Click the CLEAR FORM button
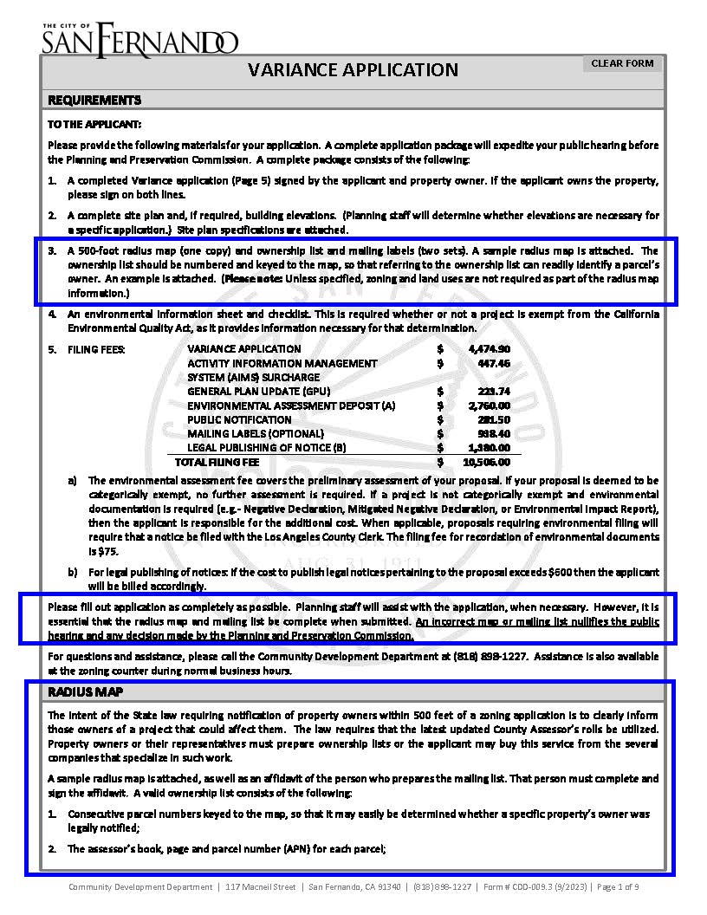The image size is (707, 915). coord(621,63)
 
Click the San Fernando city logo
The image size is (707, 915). coord(139,39)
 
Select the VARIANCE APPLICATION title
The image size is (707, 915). coord(353,70)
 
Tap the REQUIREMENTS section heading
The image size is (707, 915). coord(94,100)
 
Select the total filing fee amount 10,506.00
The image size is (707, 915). coord(495,462)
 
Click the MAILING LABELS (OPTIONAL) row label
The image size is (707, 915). coord(256,433)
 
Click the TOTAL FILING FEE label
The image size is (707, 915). coord(217,462)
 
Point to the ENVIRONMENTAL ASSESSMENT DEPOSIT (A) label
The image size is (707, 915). coord(291,406)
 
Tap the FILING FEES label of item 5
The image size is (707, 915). coord(96,349)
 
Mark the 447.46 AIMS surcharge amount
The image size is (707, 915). coord(500,363)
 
